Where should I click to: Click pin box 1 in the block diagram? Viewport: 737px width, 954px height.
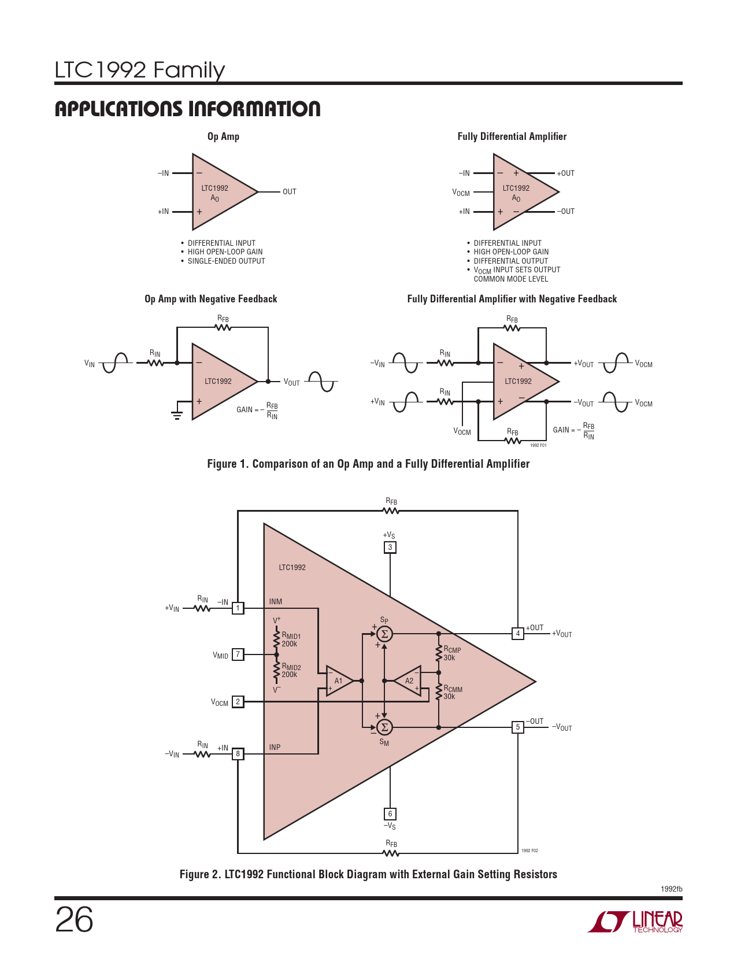pos(238,608)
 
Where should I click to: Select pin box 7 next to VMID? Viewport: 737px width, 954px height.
pos(238,655)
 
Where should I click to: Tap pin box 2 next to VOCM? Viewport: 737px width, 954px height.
pos(238,702)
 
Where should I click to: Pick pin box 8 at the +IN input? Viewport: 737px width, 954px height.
pos(238,754)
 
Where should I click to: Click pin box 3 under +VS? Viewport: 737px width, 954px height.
pos(390,548)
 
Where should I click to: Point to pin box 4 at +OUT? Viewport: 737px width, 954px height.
pos(518,634)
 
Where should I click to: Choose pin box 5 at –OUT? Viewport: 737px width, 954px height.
pos(518,727)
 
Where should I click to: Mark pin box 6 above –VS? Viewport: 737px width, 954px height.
pos(390,814)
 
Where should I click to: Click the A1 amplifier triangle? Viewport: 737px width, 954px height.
pos(338,681)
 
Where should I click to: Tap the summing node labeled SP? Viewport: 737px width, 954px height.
pos(384,634)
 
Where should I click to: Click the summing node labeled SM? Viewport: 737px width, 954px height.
pos(384,727)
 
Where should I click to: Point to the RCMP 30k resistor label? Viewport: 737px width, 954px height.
pos(452,653)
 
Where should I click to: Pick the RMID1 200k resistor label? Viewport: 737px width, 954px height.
pos(291,639)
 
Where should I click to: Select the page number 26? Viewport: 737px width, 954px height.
pos(74,919)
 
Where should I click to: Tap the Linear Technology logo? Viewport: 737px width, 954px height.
pos(636,922)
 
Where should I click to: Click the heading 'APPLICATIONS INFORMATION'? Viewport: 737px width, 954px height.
pos(187,109)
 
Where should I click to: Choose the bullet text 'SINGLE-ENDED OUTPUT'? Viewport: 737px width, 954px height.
pos(226,261)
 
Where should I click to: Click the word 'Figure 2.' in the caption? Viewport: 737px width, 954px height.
pos(200,874)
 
